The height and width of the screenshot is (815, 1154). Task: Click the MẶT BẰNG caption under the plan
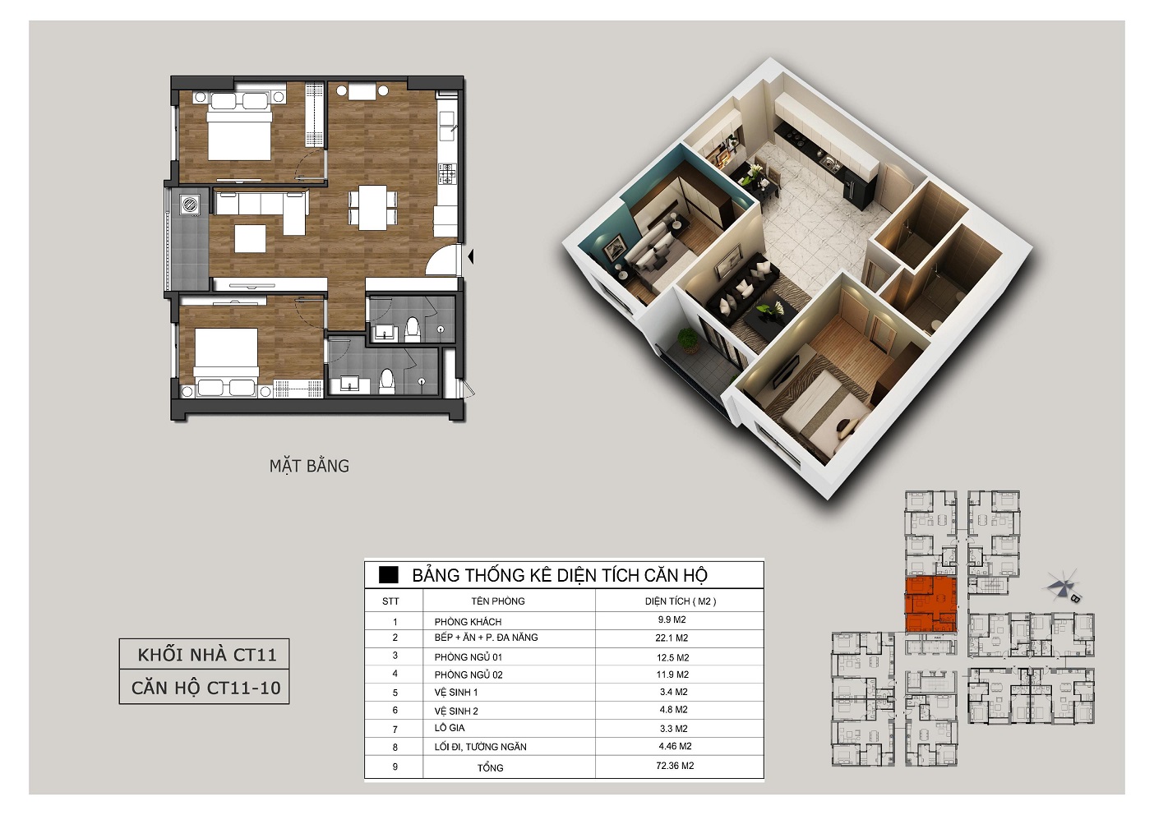pyautogui.click(x=309, y=466)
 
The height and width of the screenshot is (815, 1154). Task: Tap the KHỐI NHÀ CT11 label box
pyautogui.click(x=204, y=654)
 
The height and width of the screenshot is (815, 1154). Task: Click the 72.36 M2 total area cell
pyautogui.click(x=675, y=766)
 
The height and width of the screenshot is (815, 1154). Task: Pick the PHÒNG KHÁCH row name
pyautogui.click(x=468, y=621)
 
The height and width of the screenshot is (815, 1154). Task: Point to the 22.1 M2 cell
pyautogui.click(x=672, y=638)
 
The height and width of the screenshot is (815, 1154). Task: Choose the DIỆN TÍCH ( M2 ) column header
pyautogui.click(x=680, y=601)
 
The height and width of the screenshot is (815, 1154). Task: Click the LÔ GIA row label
pyautogui.click(x=450, y=727)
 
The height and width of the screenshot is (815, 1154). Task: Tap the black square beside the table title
pyautogui.click(x=389, y=574)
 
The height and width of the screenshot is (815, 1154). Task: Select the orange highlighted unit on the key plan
pyautogui.click(x=931, y=605)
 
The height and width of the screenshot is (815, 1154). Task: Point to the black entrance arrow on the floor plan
pyautogui.click(x=470, y=256)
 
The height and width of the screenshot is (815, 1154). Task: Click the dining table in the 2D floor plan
pyautogui.click(x=372, y=207)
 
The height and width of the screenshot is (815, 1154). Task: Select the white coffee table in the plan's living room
pyautogui.click(x=251, y=238)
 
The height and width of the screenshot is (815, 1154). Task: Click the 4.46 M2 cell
pyautogui.click(x=675, y=746)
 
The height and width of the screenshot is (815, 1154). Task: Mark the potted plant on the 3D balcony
pyautogui.click(x=688, y=341)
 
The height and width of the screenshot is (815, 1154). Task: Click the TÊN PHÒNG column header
pyautogui.click(x=497, y=601)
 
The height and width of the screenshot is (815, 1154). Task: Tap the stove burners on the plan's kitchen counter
pyautogui.click(x=447, y=173)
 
